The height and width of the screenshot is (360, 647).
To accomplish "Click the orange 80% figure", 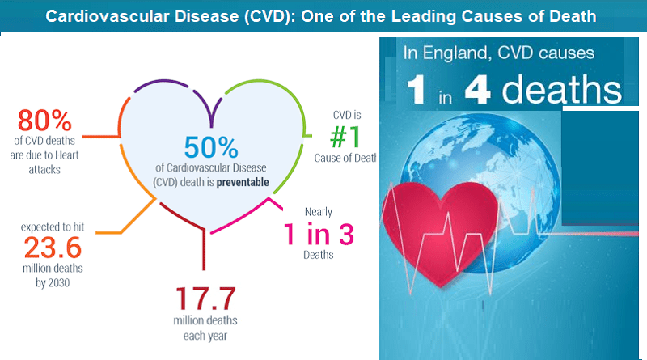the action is pyautogui.click(x=44, y=121).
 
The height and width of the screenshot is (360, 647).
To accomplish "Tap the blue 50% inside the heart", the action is pyautogui.click(x=211, y=147).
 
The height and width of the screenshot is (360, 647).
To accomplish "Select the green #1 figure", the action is pyautogui.click(x=345, y=137).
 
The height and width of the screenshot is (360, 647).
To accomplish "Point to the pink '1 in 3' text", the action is pyautogui.click(x=319, y=234).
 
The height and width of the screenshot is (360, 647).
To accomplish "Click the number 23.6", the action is pyautogui.click(x=53, y=248).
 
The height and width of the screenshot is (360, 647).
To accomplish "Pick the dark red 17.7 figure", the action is pyautogui.click(x=205, y=299).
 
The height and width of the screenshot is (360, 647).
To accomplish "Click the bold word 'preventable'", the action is pyautogui.click(x=243, y=182).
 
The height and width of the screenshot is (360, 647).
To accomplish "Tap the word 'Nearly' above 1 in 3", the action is pyautogui.click(x=319, y=212).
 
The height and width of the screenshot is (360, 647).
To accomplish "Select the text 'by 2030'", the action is pyautogui.click(x=53, y=283).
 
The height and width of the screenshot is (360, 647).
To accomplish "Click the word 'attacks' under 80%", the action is pyautogui.click(x=44, y=169).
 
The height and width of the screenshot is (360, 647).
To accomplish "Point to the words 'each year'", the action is pyautogui.click(x=205, y=336).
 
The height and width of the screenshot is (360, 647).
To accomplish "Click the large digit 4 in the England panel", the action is pyautogui.click(x=477, y=90).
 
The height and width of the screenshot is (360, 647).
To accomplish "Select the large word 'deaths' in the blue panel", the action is pyautogui.click(x=561, y=89).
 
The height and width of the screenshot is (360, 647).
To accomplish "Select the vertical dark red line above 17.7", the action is pyautogui.click(x=204, y=249).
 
